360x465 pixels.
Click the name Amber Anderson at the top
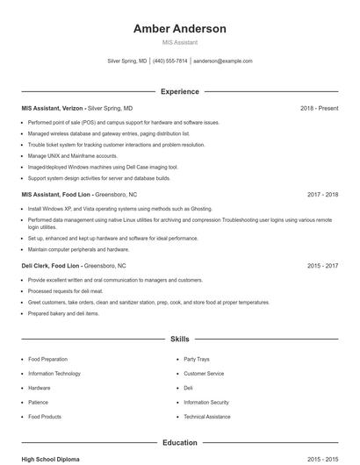(x=179, y=29)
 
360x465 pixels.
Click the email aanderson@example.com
(x=222, y=61)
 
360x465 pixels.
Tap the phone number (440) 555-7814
(x=169, y=61)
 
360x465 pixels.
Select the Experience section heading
(x=179, y=91)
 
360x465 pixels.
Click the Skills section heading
(x=179, y=338)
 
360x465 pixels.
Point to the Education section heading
(x=179, y=443)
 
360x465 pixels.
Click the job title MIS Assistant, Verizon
(x=53, y=108)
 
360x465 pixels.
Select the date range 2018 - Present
(x=319, y=108)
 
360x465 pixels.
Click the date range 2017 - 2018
(x=323, y=194)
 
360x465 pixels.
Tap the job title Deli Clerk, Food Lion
(x=51, y=265)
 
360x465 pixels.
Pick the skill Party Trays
(x=196, y=359)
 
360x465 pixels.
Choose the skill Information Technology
(x=54, y=374)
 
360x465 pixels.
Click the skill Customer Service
(x=204, y=374)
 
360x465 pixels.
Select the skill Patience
(x=38, y=402)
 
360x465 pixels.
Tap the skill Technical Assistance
(x=206, y=417)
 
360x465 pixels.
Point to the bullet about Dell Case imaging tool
(x=103, y=166)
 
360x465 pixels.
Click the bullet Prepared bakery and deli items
(x=63, y=313)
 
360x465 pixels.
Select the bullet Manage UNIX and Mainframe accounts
(x=72, y=155)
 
